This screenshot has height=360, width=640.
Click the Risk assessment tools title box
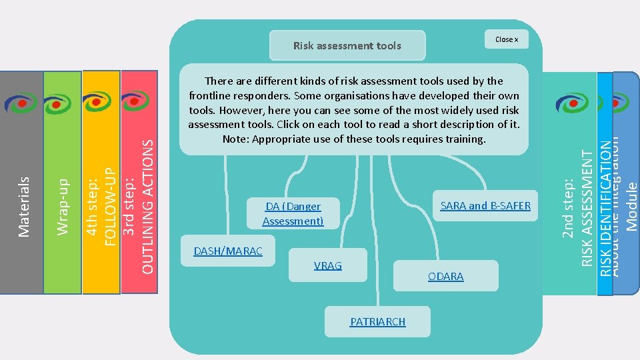(347, 45)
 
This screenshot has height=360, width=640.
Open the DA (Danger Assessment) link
(293, 213)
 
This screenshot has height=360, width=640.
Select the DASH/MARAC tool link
(228, 251)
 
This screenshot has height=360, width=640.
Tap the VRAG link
(327, 265)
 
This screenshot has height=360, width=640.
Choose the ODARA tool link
(445, 276)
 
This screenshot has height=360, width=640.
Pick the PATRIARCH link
(377, 321)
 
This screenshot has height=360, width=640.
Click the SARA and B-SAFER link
(485, 205)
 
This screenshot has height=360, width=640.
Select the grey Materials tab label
(25, 206)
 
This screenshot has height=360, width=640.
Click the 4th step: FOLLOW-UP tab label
(102, 200)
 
